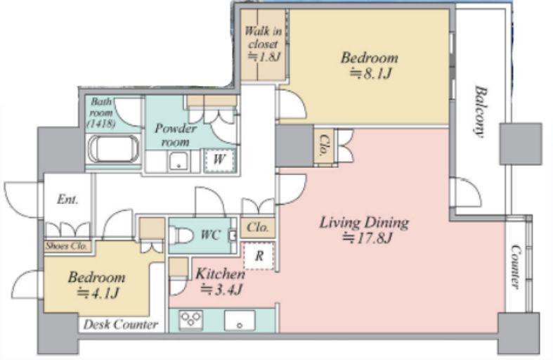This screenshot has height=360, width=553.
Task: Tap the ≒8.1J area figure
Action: (370, 74)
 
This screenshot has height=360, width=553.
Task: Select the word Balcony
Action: (479, 112)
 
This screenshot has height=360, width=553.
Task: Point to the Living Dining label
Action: (364, 223)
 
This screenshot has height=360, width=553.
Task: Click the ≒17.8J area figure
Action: (367, 238)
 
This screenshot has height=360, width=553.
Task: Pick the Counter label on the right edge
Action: (516, 267)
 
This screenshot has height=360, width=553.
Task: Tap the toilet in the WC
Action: (181, 236)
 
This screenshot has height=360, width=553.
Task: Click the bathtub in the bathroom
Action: (114, 149)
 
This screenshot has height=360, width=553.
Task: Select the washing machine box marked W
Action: (219, 160)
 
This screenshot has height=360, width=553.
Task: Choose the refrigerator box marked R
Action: (259, 256)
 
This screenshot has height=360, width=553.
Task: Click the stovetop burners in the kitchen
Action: (191, 320)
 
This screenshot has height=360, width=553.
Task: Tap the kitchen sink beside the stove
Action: (240, 320)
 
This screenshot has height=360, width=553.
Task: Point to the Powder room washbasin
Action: (179, 161)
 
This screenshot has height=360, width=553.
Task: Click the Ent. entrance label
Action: (67, 200)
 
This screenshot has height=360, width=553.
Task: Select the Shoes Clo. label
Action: (66, 245)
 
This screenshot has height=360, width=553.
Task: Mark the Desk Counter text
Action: (121, 324)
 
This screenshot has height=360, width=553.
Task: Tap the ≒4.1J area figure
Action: (98, 292)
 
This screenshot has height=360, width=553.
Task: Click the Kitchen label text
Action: (220, 274)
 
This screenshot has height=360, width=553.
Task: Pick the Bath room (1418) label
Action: (102, 112)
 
